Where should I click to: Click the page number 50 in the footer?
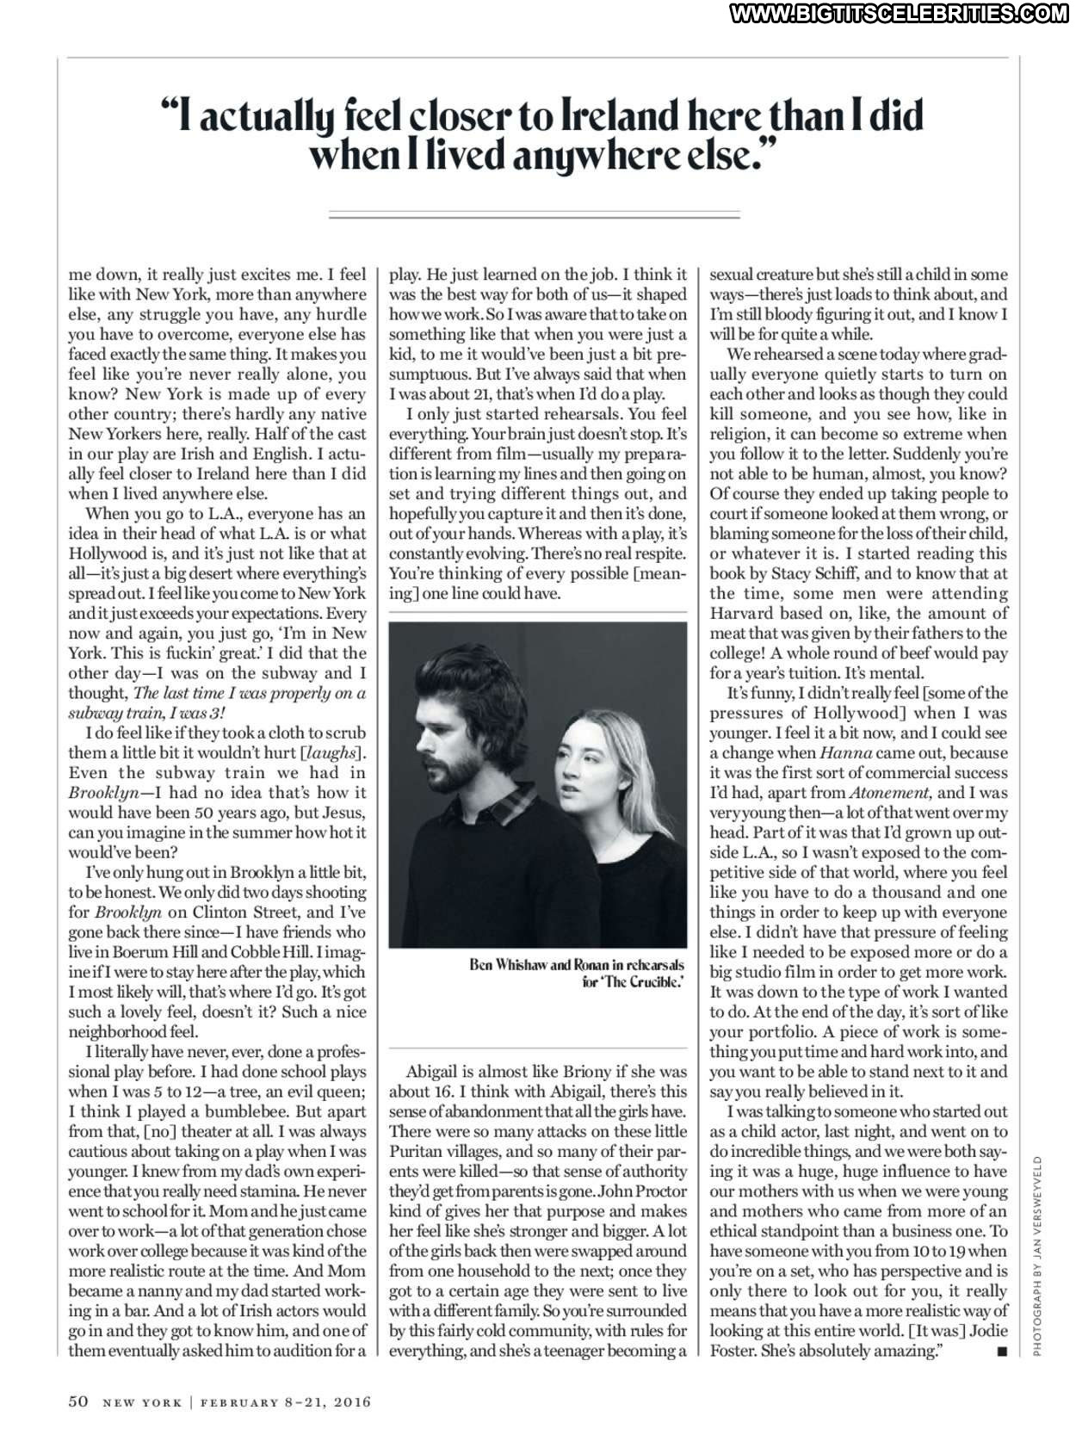tap(78, 1401)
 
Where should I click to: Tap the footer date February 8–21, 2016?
tap(285, 1402)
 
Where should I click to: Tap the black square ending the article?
tap(1000, 1351)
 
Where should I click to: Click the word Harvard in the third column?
tap(741, 613)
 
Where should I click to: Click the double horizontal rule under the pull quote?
tap(535, 214)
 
